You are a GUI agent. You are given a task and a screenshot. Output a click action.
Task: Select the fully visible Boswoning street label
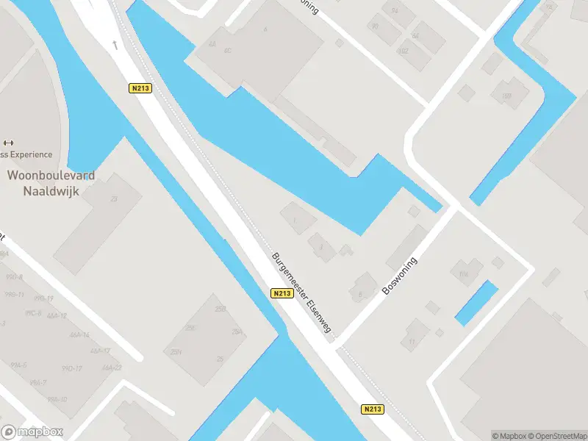(399, 276)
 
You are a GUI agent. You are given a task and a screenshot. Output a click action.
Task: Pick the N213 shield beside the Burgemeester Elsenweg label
(282, 293)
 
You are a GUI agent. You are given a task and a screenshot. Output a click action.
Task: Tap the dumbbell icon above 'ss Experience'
(9, 143)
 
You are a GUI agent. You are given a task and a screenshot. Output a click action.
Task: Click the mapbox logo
(32, 432)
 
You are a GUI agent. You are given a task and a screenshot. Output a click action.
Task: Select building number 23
(114, 199)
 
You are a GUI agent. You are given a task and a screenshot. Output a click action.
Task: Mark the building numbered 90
(375, 26)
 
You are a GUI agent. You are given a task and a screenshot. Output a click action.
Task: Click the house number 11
(412, 342)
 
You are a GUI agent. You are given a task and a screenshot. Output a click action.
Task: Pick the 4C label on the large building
(228, 51)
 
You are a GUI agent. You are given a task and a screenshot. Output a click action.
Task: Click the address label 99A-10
(57, 399)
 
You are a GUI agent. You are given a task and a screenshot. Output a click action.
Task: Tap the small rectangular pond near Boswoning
(476, 303)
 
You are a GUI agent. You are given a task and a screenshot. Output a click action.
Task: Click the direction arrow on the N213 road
(115, 46)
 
